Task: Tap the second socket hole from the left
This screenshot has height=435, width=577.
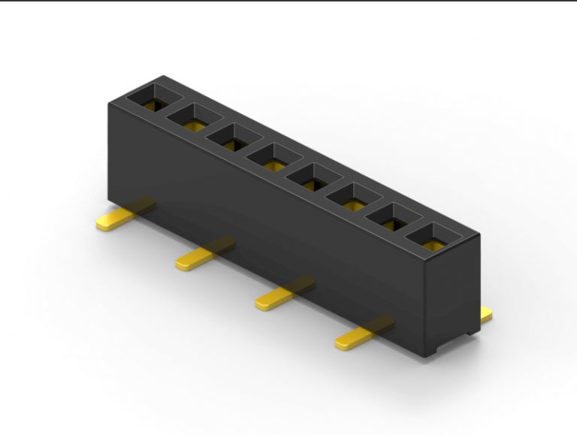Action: pyautogui.click(x=195, y=116)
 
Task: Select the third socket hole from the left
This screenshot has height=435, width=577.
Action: pyautogui.click(x=234, y=137)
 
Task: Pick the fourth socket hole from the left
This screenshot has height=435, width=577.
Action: pyautogui.click(x=274, y=157)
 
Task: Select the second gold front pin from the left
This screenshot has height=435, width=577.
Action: pyautogui.click(x=200, y=256)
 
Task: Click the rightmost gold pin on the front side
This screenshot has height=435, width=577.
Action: pyautogui.click(x=359, y=337)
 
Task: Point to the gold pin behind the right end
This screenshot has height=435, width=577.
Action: pyautogui.click(x=486, y=316)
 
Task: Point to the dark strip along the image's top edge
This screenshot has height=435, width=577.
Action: pyautogui.click(x=288, y=2)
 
